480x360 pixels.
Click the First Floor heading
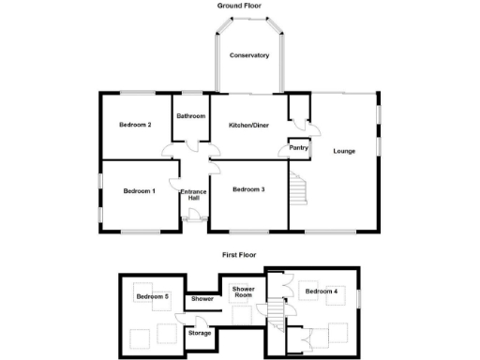239,254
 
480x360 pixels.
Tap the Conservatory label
250,55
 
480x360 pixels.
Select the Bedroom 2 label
135,126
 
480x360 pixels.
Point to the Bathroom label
191,116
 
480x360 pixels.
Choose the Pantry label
299,147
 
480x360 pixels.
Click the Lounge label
343,152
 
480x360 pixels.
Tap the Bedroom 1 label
139,192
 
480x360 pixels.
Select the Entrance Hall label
194,195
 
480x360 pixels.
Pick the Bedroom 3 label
248,190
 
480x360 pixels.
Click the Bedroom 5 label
152,297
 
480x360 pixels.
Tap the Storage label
199,333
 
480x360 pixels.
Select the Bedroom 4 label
321,292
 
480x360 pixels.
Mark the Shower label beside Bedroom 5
202,299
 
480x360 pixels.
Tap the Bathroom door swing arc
191,144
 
